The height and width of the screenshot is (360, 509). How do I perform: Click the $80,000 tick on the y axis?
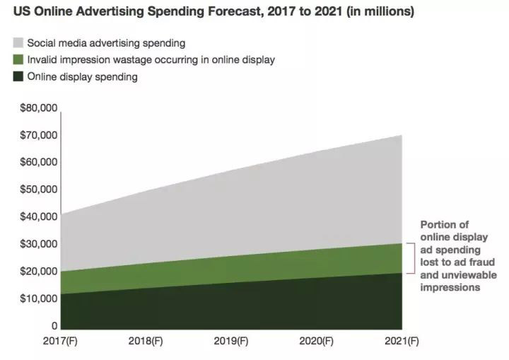pyautogui.click(x=40, y=108)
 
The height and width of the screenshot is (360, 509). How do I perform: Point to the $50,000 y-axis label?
pyautogui.click(x=40, y=190)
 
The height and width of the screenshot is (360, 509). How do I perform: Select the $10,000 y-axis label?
pyautogui.click(x=40, y=298)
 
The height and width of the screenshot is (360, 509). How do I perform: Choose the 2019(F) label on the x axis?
pyautogui.click(x=231, y=341)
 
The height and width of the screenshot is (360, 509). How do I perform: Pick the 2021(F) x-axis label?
pyautogui.click(x=402, y=341)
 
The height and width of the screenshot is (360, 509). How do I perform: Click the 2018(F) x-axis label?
pyautogui.click(x=146, y=341)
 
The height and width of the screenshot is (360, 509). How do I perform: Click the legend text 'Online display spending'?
pyautogui.click(x=83, y=77)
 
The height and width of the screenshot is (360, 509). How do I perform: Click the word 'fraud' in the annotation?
pyautogui.click(x=469, y=263)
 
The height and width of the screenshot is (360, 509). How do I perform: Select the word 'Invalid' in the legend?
pyautogui.click(x=42, y=60)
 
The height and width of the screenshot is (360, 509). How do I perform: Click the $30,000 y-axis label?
pyautogui.click(x=40, y=244)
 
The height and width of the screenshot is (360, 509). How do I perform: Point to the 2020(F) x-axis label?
pyautogui.click(x=317, y=341)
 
